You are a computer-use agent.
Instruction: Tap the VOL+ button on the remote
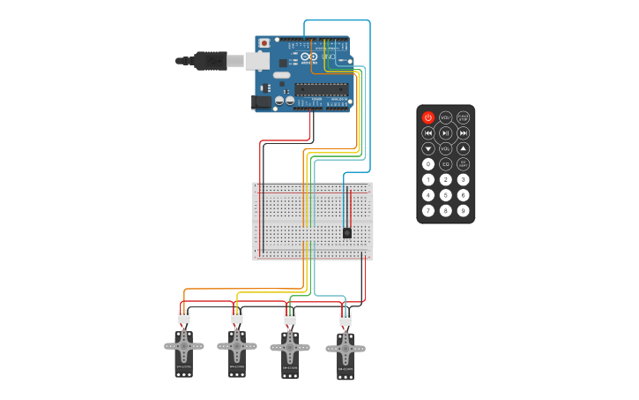[446, 117]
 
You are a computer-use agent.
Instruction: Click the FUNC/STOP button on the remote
[463, 117]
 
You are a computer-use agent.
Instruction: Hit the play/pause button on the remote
[446, 133]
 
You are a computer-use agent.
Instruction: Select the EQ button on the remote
[446, 164]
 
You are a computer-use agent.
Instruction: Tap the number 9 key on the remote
[463, 210]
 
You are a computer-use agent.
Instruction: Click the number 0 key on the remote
[428, 164]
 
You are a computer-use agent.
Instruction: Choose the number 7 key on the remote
[428, 210]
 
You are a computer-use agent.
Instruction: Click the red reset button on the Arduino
[264, 43]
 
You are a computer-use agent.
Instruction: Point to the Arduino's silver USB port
[257, 60]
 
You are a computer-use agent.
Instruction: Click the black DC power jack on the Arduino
[261, 102]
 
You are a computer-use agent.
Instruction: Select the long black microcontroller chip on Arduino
[321, 87]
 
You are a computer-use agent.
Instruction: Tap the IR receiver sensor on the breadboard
[347, 232]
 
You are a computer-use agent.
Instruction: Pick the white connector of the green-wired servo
[290, 317]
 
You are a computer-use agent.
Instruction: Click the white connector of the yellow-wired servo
[237, 316]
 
